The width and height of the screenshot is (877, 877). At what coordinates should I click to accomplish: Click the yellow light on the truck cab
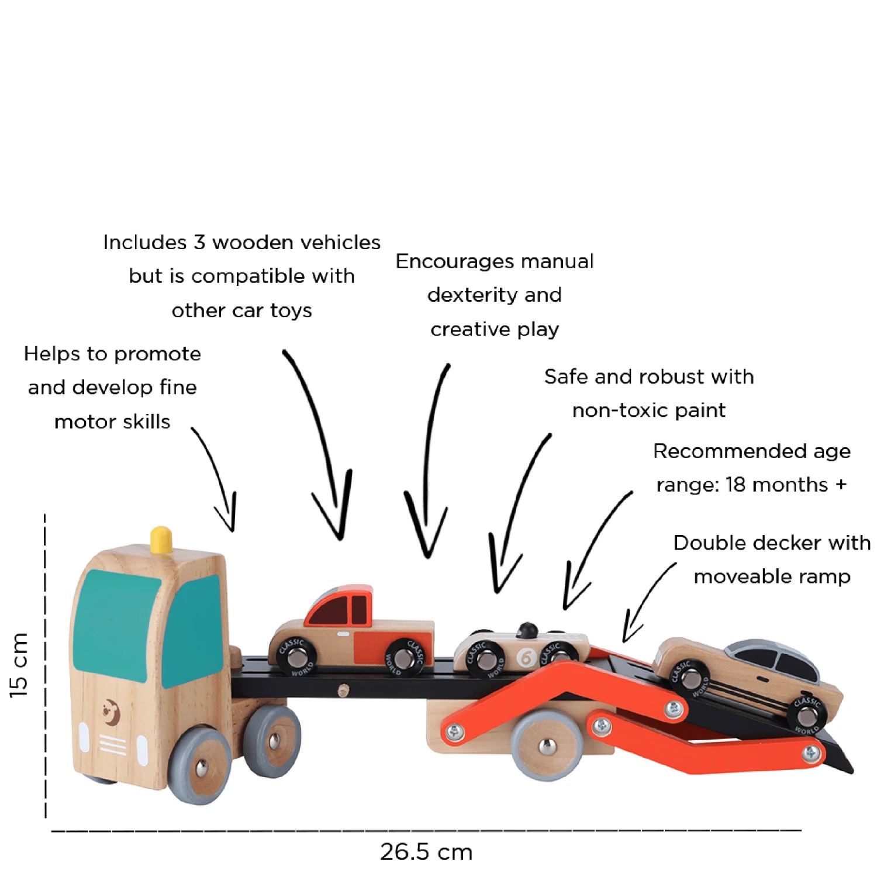(161, 540)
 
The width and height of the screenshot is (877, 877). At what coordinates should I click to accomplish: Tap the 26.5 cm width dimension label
(426, 852)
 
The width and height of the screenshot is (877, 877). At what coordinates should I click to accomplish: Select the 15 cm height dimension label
(19, 665)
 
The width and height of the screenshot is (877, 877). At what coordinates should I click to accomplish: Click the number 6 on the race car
(526, 658)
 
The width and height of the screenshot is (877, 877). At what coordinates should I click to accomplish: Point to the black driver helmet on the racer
(527, 630)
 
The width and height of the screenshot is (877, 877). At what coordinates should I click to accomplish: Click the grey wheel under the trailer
(546, 745)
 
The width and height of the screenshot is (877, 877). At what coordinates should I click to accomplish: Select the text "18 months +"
(786, 485)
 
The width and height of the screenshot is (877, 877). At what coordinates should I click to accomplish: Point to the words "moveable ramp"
(772, 576)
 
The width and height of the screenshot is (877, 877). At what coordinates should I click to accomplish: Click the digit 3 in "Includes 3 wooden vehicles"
(199, 242)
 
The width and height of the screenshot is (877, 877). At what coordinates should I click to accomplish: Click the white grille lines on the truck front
(113, 745)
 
